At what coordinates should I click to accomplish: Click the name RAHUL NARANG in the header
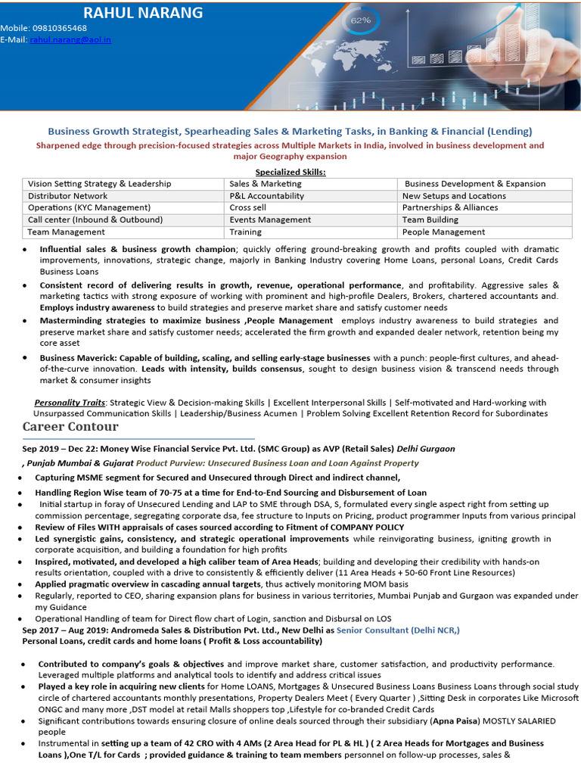[x=143, y=12]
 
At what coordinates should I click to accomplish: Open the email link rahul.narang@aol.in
[x=70, y=39]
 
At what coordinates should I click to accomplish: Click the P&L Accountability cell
[x=267, y=196]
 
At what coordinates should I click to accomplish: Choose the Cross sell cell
[x=248, y=207]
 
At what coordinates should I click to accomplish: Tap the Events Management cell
[x=270, y=219]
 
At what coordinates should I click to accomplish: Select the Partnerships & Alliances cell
[x=450, y=207]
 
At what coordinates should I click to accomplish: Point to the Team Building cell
[x=430, y=219]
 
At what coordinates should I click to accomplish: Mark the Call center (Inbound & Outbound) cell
[x=95, y=219]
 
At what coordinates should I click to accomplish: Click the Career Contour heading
[x=70, y=427]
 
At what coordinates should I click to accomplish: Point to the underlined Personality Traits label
[x=70, y=403]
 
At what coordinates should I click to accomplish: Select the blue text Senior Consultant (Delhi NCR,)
[x=398, y=630]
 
